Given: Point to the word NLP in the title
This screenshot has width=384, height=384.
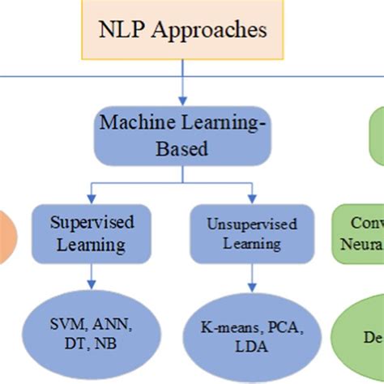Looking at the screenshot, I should tap(119, 32).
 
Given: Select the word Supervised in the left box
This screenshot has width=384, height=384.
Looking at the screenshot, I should tap(92, 221).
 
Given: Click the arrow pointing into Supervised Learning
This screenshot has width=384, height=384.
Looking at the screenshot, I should tap(92, 194).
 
